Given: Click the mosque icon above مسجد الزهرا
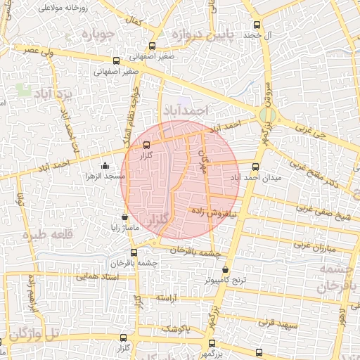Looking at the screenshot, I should [105, 166].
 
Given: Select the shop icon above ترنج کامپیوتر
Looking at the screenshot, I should [225, 269].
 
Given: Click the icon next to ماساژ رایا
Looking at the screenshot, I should [125, 217].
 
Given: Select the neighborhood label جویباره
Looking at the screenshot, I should [97, 34].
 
